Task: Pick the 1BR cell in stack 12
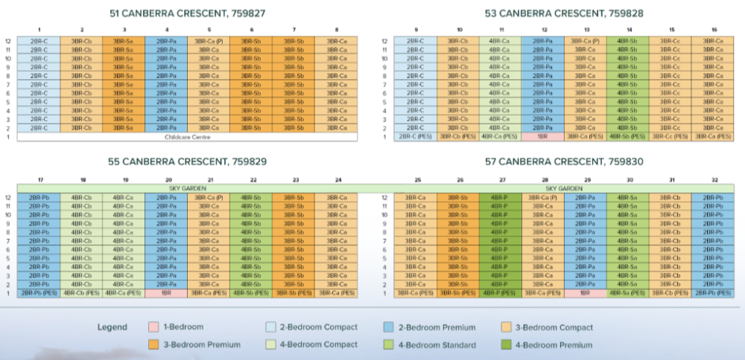[543, 137]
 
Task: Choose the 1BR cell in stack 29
[586, 293]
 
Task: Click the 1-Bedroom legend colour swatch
[153, 327]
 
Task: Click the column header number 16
[714, 31]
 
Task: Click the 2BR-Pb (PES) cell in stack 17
[37, 293]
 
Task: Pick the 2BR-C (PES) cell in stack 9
[415, 137]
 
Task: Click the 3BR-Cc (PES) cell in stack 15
[670, 137]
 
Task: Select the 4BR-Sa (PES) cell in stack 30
[629, 293]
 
